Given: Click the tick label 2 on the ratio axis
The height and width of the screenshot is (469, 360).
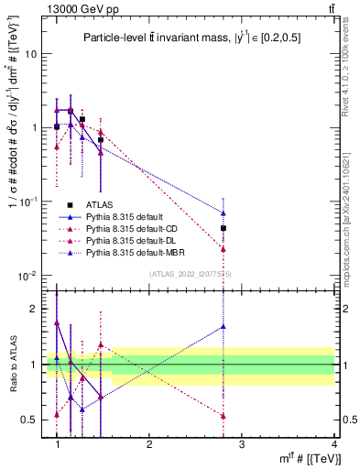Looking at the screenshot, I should click(x=31, y=309).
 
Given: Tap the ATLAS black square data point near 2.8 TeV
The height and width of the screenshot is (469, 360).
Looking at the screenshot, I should click(x=224, y=228).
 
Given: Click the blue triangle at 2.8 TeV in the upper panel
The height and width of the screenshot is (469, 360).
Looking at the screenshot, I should click(x=224, y=213).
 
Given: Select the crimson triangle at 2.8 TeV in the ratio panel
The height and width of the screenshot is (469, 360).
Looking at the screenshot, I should click(x=224, y=416).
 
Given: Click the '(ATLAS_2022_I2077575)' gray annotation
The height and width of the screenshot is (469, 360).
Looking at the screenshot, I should click(x=191, y=274).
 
